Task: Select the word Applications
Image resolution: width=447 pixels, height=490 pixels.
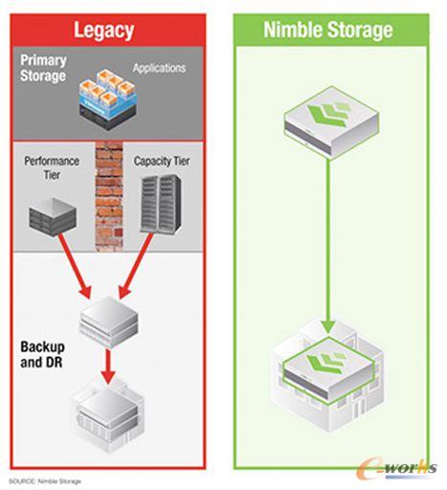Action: click(159, 69)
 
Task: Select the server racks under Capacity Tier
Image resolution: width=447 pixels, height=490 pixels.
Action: click(162, 212)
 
